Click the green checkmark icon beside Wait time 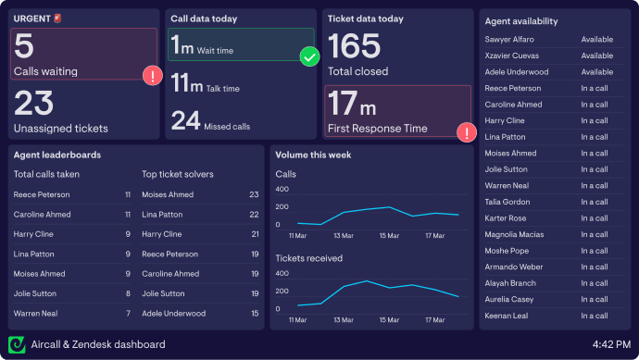(309, 57)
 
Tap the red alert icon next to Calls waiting (152, 76)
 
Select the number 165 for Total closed (354, 46)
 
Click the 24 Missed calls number (185, 120)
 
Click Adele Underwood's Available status (596, 72)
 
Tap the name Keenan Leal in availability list (507, 316)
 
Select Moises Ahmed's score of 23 (254, 194)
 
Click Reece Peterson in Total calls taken (43, 194)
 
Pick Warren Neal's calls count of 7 (128, 314)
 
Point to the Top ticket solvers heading (178, 174)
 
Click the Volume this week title (313, 155)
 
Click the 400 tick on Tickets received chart (282, 273)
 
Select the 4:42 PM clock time (611, 344)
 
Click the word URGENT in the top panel (32, 19)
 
